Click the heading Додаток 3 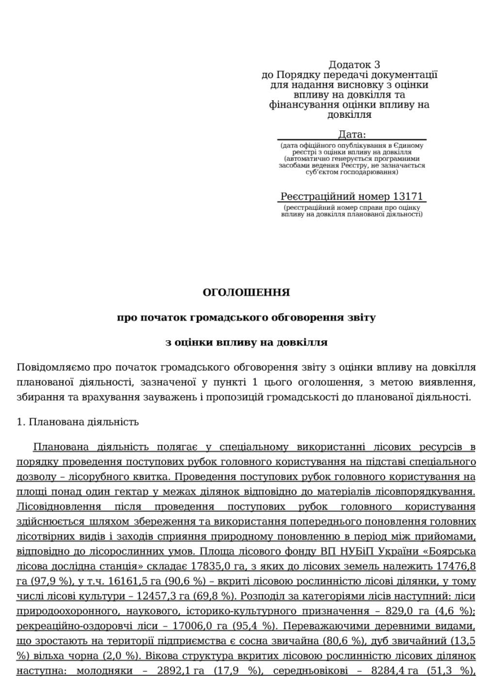(x=354, y=64)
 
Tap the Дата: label (x=352, y=134)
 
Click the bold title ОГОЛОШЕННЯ (x=246, y=292)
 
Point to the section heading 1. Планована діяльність (x=78, y=422)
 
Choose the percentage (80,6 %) (x=343, y=641)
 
